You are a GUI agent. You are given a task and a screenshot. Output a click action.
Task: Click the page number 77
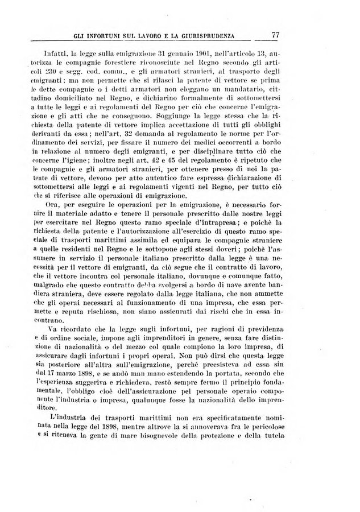tap(276, 35)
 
